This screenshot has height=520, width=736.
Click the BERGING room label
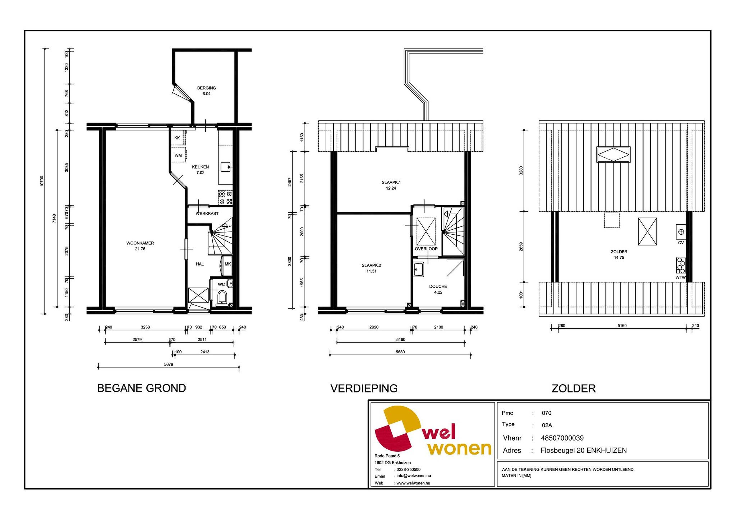pyautogui.click(x=206, y=88)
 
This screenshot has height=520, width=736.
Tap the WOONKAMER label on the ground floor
pyautogui.click(x=140, y=243)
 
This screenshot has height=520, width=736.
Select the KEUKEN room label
pyautogui.click(x=200, y=167)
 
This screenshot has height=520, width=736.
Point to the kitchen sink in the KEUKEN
pyautogui.click(x=226, y=167)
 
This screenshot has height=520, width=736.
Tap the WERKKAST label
pyautogui.click(x=207, y=214)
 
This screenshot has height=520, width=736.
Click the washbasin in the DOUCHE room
pyautogui.click(x=419, y=269)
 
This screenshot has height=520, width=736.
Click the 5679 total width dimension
pyautogui.click(x=168, y=364)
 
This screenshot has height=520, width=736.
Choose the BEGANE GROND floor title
pyautogui.click(x=141, y=388)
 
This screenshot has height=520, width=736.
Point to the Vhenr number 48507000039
pyautogui.click(x=562, y=438)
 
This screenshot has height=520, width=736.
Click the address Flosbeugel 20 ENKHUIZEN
pyautogui.click(x=583, y=450)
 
